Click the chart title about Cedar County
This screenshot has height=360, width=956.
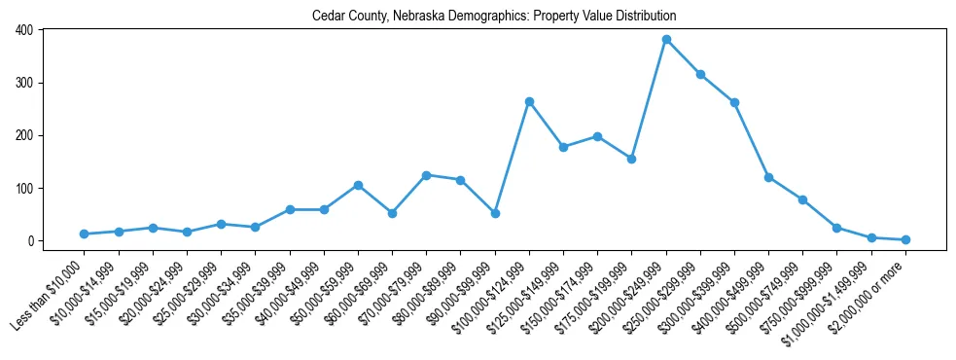coord(494,17)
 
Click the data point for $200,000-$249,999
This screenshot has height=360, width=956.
coord(666,40)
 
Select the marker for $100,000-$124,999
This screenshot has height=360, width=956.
coord(529,101)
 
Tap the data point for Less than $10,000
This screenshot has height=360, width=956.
coord(85,234)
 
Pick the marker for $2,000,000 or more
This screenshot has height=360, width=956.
coord(905,239)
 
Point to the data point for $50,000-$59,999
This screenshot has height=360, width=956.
coord(358,185)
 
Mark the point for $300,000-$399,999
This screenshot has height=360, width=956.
coord(734,102)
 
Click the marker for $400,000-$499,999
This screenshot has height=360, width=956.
coord(768,177)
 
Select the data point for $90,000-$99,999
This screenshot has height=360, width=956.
coord(495,213)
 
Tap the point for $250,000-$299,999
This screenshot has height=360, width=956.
coord(700,74)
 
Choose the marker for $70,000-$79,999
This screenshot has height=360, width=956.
coord(426,175)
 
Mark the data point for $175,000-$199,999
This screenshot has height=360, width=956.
coord(632,159)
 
